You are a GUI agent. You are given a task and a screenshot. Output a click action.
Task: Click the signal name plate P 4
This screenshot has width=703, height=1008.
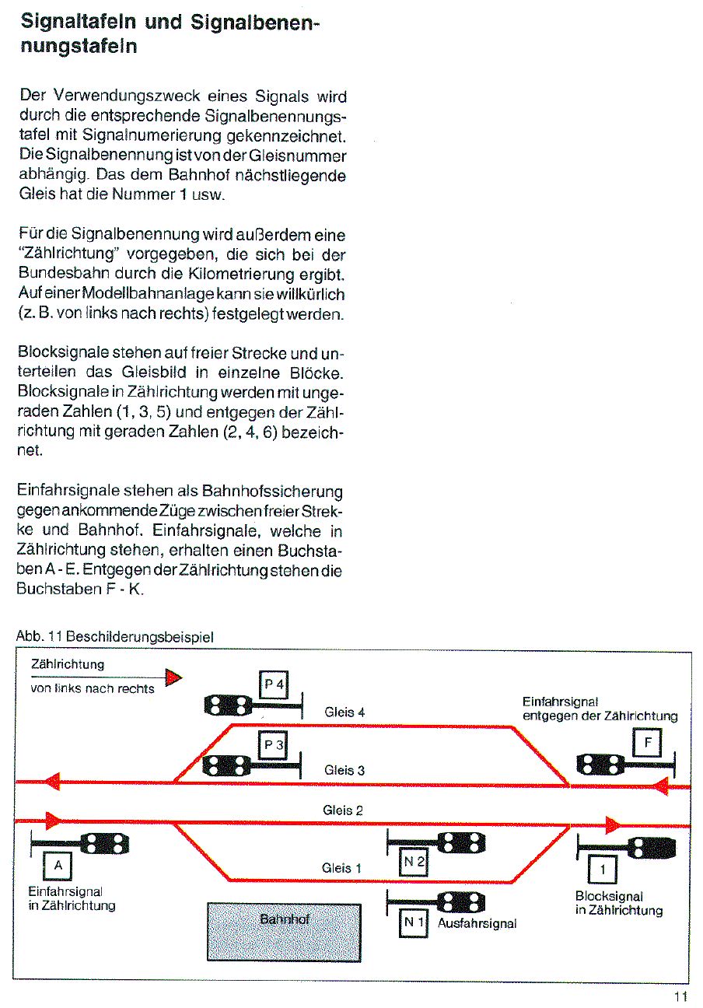(274, 684)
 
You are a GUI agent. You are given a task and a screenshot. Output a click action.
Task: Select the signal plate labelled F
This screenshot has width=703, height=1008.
(648, 744)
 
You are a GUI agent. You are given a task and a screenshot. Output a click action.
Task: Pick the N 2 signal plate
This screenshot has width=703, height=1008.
(413, 861)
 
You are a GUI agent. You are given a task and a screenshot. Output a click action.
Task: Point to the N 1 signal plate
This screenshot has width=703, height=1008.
(413, 923)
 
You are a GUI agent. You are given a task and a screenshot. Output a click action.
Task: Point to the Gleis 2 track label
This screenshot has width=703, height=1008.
(343, 810)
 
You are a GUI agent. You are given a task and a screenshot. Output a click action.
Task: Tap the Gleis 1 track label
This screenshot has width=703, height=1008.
(342, 868)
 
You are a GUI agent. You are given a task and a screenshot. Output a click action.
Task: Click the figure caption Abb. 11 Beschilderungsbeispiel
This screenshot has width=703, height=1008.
(114, 636)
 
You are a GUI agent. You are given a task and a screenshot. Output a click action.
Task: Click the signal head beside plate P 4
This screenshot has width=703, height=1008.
(228, 705)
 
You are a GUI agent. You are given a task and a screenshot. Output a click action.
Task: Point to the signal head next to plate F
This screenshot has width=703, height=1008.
(599, 765)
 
